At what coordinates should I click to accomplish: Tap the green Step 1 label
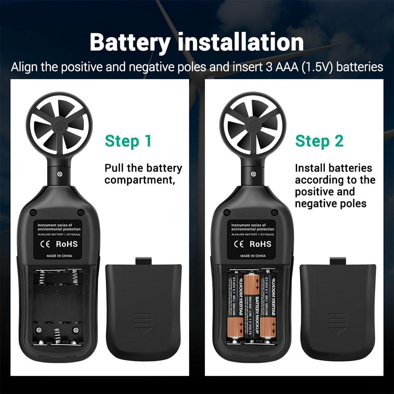[128, 141]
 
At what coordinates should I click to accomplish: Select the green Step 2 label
[319, 141]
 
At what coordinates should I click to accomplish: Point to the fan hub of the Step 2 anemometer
[253, 126]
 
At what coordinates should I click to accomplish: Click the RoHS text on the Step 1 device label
[67, 244]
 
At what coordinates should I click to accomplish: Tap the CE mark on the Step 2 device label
[240, 244]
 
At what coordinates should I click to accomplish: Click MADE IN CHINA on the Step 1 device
[57, 256]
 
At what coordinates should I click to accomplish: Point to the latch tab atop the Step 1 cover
[143, 261]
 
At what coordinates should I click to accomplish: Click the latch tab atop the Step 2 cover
[338, 261]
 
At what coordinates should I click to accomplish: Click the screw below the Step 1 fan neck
[59, 174]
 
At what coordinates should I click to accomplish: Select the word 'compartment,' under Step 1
[139, 180]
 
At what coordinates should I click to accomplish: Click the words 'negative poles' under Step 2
[331, 203]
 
